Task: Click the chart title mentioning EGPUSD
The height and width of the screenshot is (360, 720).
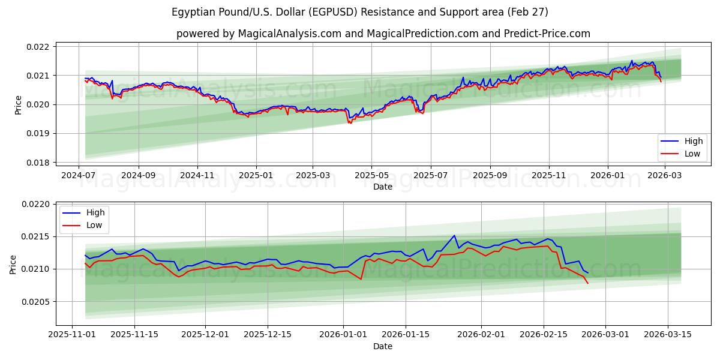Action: coord(359,12)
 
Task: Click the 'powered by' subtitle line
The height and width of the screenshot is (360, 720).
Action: coord(383,34)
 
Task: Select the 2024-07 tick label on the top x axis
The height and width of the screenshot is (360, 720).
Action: coord(79,176)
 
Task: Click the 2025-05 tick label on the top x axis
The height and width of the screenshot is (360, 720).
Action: coord(371,176)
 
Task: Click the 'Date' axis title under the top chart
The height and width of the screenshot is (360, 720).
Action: coord(383,187)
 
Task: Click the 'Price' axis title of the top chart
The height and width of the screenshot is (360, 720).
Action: coord(18,104)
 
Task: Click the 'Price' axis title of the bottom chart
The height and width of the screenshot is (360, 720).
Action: coord(13,264)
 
